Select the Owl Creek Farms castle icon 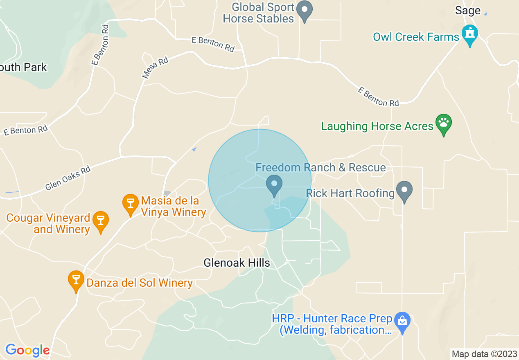pyautogui.click(x=469, y=34)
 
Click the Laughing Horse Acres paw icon pyautogui.click(x=443, y=124)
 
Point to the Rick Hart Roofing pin pyautogui.click(x=405, y=191)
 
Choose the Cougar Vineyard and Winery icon pyautogui.click(x=100, y=220)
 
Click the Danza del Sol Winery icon pyautogui.click(x=76, y=280)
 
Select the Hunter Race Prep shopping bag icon pyautogui.click(x=402, y=321)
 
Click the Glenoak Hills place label pyautogui.click(x=237, y=263)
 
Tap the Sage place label pyautogui.click(x=467, y=11)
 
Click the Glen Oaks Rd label pyautogui.click(x=68, y=178)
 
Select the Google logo pyautogui.click(x=27, y=350)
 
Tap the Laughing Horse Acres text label pyautogui.click(x=377, y=126)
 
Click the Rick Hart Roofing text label pyautogui.click(x=350, y=193)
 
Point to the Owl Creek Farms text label pyautogui.click(x=416, y=37)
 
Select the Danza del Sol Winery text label pyautogui.click(x=140, y=283)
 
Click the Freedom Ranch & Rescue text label pyautogui.click(x=320, y=167)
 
